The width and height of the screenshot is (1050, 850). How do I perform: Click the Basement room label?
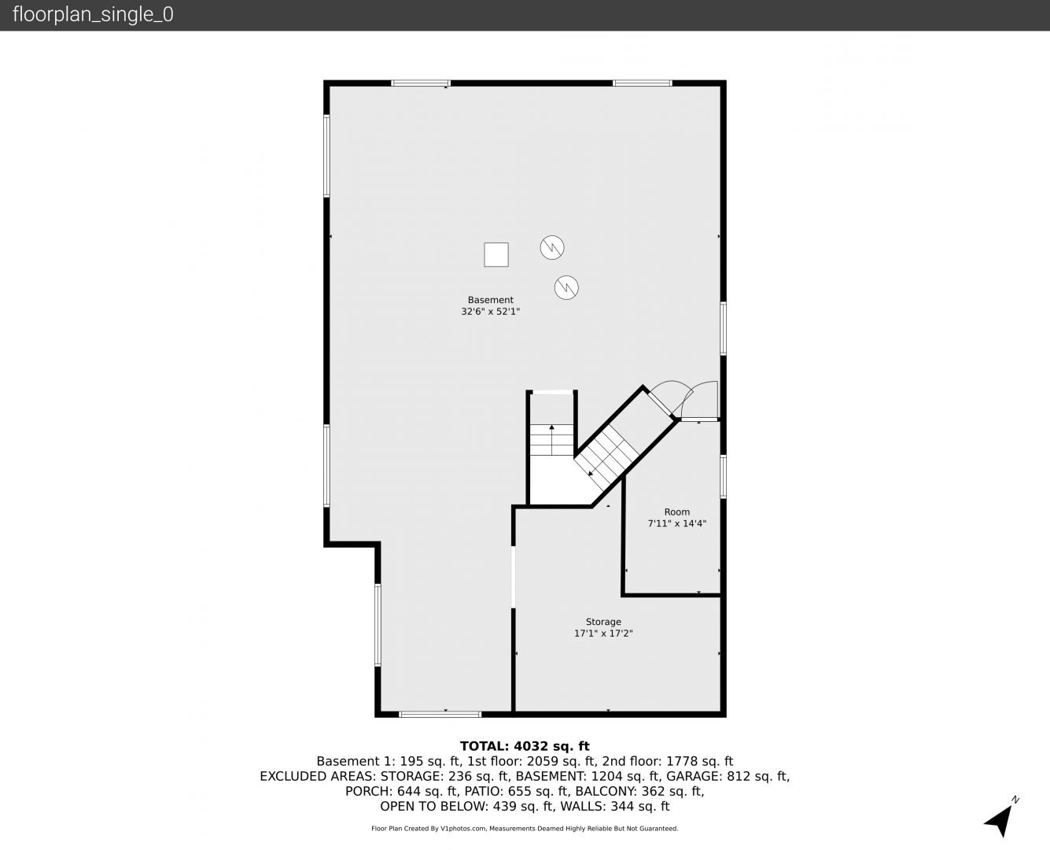pyautogui.click(x=490, y=300)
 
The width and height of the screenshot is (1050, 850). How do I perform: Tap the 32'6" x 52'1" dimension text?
pyautogui.click(x=490, y=312)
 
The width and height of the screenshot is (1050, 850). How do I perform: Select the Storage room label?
pyautogui.click(x=603, y=622)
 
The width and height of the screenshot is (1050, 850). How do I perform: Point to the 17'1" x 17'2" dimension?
pyautogui.click(x=603, y=634)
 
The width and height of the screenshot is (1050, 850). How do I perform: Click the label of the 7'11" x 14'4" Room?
pyautogui.click(x=676, y=512)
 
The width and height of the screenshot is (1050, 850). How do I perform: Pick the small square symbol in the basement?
pyautogui.click(x=496, y=254)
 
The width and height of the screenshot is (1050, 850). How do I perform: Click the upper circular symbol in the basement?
pyautogui.click(x=551, y=248)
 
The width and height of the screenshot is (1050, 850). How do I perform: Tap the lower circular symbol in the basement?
pyautogui.click(x=566, y=287)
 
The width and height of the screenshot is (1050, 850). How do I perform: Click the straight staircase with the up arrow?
pyautogui.click(x=551, y=439)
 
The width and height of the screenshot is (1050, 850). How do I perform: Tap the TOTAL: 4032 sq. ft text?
pyautogui.click(x=525, y=746)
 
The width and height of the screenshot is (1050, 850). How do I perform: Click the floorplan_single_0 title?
pyautogui.click(x=93, y=15)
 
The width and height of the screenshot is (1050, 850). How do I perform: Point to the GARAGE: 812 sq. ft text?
pyautogui.click(x=728, y=777)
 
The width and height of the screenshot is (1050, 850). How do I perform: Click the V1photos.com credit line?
pyautogui.click(x=525, y=829)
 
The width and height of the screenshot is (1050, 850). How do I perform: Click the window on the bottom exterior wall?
pyautogui.click(x=440, y=714)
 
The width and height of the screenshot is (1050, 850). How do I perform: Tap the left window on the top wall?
pyautogui.click(x=421, y=83)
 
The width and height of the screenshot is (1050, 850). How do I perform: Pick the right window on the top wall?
pyautogui.click(x=643, y=83)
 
